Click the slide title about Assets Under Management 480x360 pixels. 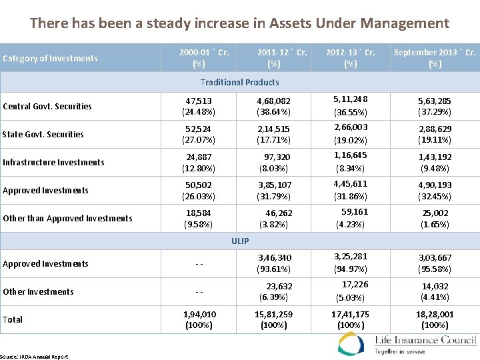239,23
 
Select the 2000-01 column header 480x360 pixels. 199,58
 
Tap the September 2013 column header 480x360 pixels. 435,58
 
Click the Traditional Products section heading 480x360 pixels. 239,82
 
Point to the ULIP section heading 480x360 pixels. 239,240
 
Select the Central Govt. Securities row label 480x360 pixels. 47,106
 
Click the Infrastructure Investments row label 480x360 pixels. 53,162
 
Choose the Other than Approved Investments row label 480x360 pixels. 67,218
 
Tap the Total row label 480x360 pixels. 13,319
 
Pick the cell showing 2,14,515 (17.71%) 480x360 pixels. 273,134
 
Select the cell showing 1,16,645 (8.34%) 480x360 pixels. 351,161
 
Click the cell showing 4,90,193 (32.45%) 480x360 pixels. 435,190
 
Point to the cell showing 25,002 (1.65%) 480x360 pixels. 435,219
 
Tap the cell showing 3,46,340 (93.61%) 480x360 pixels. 273,263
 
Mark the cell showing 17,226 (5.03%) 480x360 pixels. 351,291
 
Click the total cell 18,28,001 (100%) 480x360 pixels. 435,319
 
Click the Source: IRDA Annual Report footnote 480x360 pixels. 34,357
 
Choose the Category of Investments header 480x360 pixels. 50,58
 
